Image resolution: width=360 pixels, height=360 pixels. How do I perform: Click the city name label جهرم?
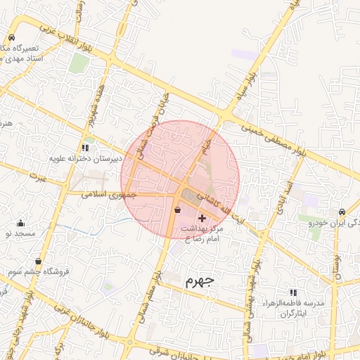coord(199,281)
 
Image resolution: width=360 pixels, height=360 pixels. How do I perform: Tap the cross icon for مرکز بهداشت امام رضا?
coord(202,218)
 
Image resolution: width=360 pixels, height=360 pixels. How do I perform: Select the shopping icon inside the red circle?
coord(177,209)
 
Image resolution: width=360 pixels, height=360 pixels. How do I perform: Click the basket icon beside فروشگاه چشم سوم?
coord(38,261)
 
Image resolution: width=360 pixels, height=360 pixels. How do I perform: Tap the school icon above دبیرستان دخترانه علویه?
coord(85,148)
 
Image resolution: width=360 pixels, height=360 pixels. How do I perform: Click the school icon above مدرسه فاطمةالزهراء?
coord(293,292)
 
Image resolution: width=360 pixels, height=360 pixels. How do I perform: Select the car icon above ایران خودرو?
coord(341,212)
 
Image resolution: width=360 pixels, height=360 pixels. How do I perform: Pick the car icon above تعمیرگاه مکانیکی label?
coord(12,38)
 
